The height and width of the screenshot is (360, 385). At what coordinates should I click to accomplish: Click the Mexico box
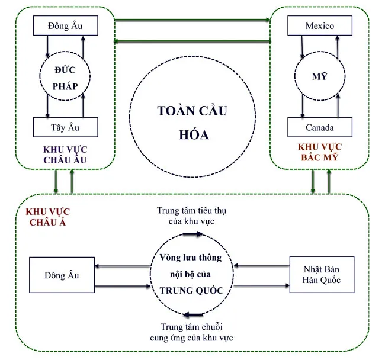coord(319,26)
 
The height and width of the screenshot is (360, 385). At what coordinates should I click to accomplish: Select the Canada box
coord(319,127)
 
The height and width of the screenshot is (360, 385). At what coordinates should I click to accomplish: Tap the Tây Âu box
coord(65,127)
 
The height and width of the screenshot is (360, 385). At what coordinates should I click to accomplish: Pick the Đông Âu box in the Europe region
coord(65,26)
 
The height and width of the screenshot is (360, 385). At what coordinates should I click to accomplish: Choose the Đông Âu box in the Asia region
coord(61,275)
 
